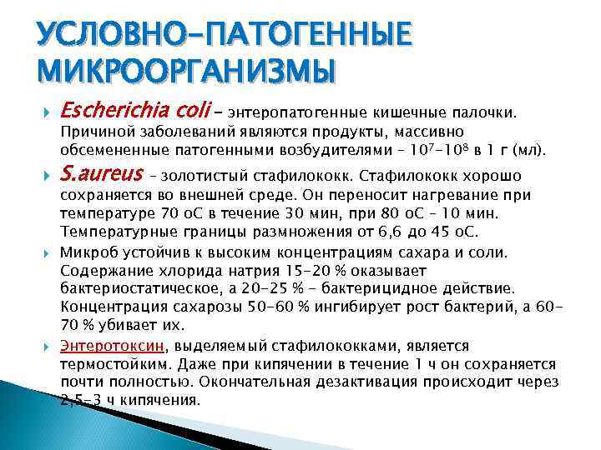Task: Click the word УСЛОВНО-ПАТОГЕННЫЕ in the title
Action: [x=224, y=36]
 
